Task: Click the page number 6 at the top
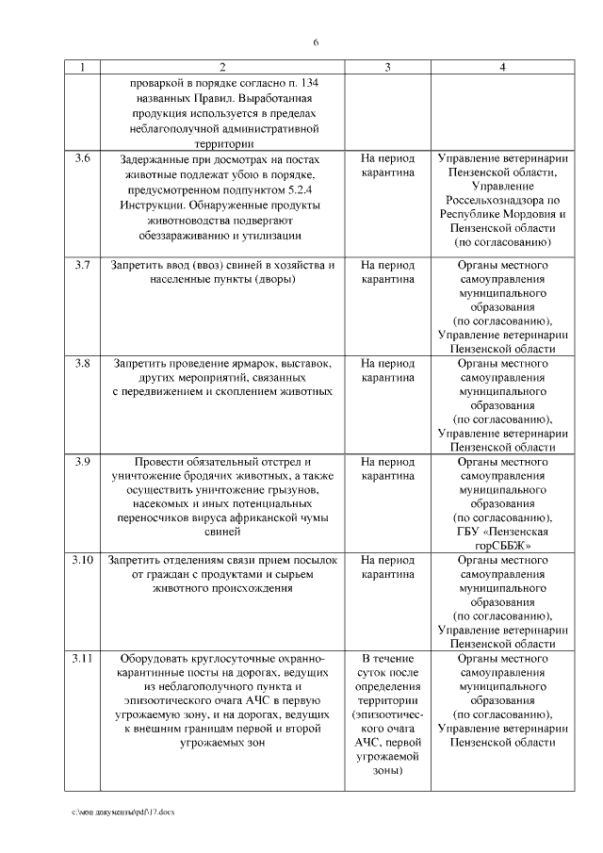tap(317, 43)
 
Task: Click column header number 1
tap(82, 68)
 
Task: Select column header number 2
tap(222, 68)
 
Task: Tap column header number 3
tap(387, 68)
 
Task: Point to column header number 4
tap(503, 68)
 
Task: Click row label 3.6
tap(82, 159)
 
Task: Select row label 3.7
tap(82, 265)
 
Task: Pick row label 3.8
tap(82, 363)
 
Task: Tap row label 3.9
tap(82, 461)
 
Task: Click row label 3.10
tap(82, 559)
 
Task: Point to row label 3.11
tap(82, 657)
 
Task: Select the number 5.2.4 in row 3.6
tap(320, 190)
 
